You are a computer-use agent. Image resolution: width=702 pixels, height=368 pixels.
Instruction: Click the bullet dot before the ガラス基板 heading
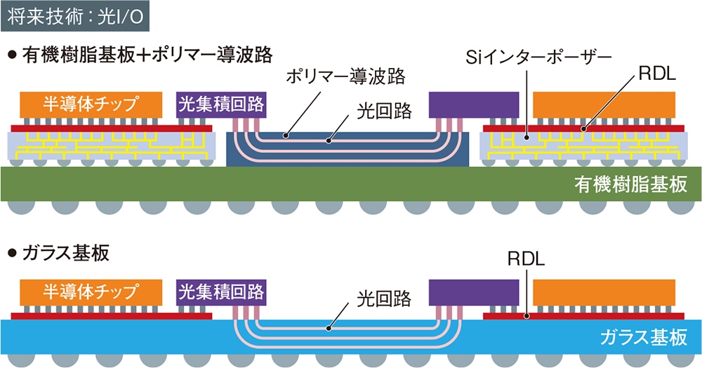[11, 254]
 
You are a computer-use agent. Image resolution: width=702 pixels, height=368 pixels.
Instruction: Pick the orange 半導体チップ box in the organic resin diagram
[89, 104]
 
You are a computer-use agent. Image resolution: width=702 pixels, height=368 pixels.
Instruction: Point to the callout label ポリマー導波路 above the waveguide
[347, 76]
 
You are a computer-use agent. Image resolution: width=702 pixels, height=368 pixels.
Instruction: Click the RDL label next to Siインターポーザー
[656, 76]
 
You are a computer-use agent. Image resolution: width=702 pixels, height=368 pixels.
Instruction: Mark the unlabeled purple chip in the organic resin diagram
[474, 104]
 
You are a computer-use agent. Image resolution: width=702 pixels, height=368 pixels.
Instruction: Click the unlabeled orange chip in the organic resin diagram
[606, 104]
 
